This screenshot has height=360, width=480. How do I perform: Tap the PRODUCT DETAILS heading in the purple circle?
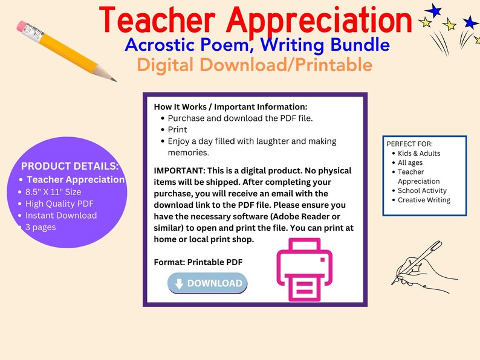pos(70,166)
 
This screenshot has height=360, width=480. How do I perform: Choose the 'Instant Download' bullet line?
pos(60,215)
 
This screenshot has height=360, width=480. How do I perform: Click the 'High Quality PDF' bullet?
pos(59,204)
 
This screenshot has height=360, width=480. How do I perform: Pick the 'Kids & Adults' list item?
pos(419,153)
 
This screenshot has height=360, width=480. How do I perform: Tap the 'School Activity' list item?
pos(422,191)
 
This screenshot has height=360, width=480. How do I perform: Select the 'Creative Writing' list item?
pos(424,200)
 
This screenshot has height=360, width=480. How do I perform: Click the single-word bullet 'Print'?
pos(177,129)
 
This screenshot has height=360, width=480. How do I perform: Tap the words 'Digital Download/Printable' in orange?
pos(255,64)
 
